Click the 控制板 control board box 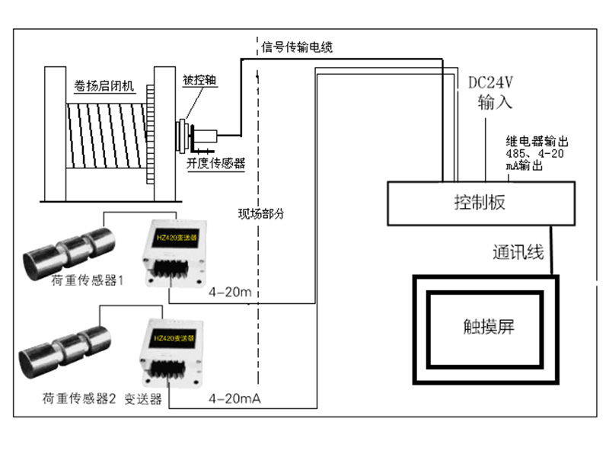[479, 203]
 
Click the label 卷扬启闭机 [104, 87]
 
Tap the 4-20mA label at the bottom [235, 398]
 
